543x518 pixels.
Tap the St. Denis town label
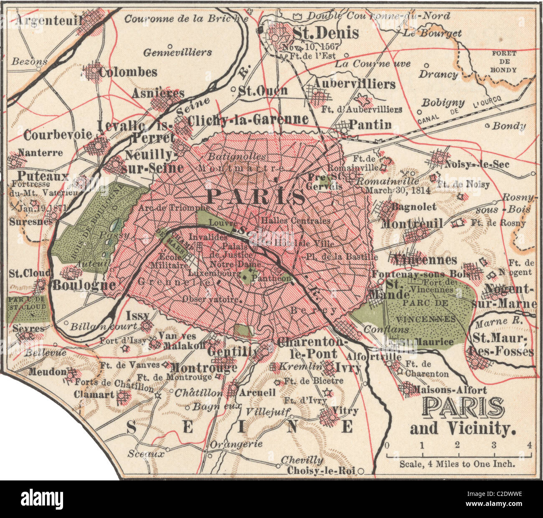pyautogui.click(x=319, y=33)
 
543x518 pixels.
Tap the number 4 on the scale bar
pyautogui.click(x=530, y=445)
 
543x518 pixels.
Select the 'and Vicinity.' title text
pyautogui.click(x=463, y=428)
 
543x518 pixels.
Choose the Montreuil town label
pyautogui.click(x=412, y=224)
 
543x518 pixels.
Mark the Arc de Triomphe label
pyautogui.click(x=174, y=207)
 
